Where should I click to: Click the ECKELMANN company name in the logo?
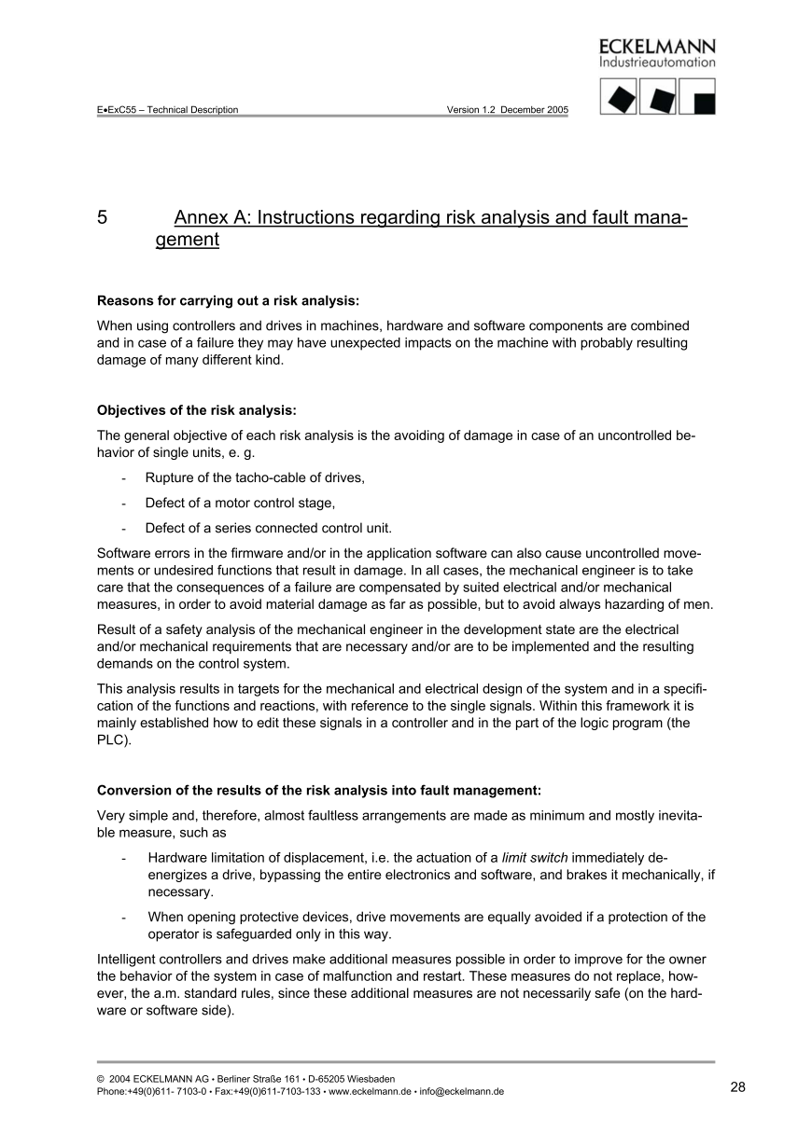657,47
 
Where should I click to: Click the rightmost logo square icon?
697,97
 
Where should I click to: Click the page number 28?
738,1087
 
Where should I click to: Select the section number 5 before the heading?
102,218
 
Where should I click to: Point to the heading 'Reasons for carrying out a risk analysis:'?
228,300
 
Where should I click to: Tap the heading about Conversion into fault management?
318,790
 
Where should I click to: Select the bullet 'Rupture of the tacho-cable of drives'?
255,477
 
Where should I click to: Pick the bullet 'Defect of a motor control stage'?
240,503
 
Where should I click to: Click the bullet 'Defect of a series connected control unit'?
268,527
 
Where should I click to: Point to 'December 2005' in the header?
534,110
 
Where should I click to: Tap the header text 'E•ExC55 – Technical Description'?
167,110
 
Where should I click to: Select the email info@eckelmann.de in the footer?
462,1092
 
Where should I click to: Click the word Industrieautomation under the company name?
657,63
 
